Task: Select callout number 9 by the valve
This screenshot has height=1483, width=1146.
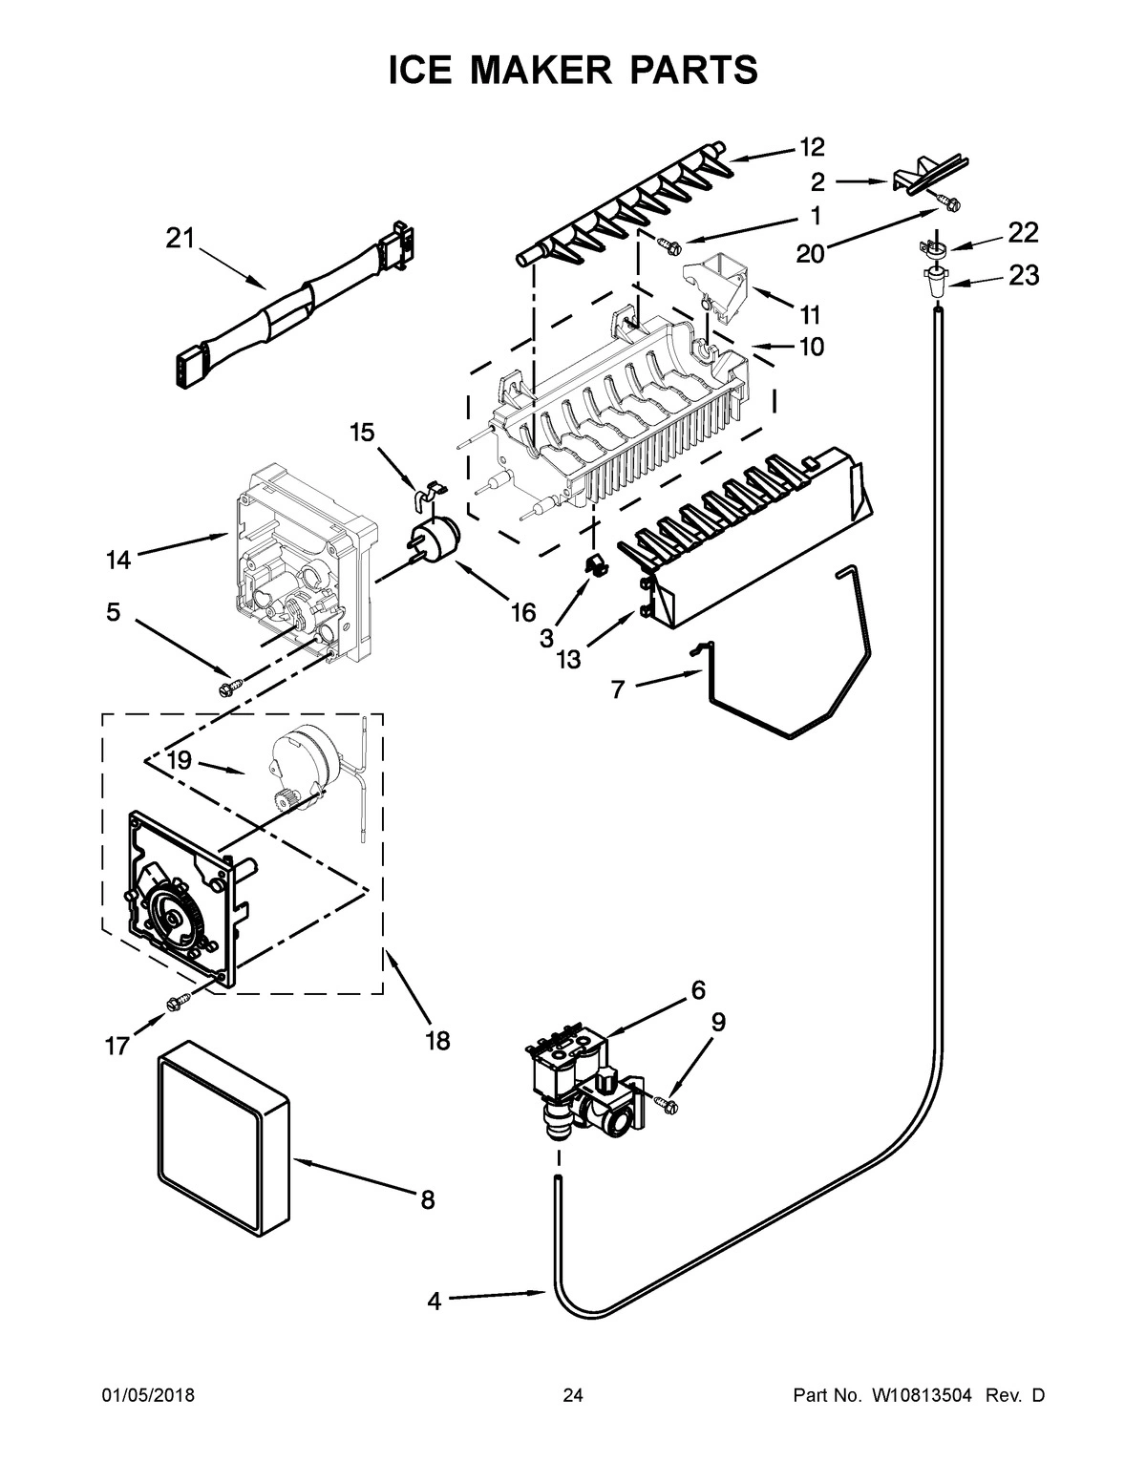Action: [x=717, y=1023]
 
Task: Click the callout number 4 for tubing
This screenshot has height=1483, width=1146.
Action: [x=435, y=1302]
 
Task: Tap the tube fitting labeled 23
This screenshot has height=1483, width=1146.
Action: [x=935, y=280]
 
